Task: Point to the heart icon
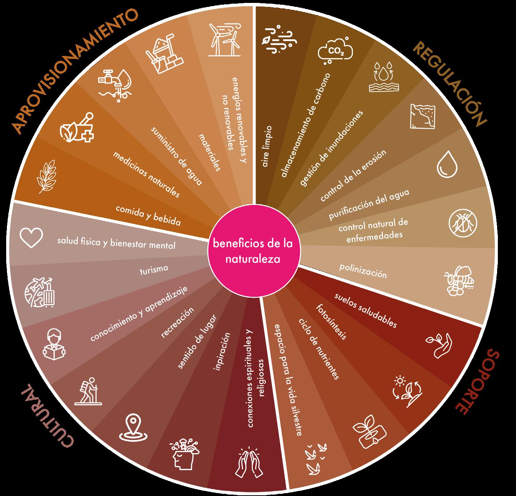tap(31, 238)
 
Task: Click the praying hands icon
tap(249, 461)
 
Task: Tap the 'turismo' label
tap(154, 269)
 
